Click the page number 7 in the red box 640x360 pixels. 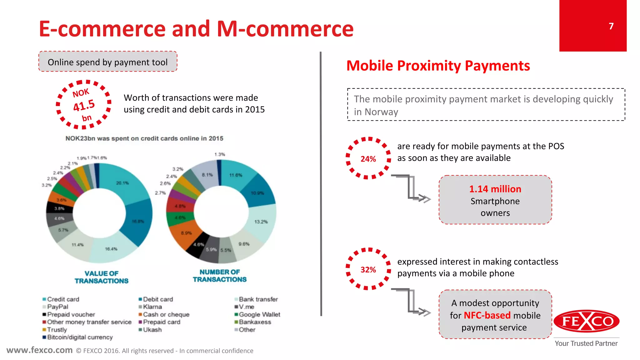pyautogui.click(x=611, y=26)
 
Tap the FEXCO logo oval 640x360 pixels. pyautogui.click(x=586, y=321)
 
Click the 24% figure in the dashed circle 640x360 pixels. pyautogui.click(x=368, y=159)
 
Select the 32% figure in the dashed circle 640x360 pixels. pyautogui.click(x=368, y=270)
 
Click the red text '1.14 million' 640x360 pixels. pyautogui.click(x=495, y=189)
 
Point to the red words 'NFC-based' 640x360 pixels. pyautogui.click(x=487, y=315)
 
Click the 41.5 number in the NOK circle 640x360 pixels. pyautogui.click(x=84, y=105)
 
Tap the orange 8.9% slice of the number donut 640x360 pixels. pyautogui.click(x=184, y=233)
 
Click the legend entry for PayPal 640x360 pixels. pyautogui.click(x=57, y=307)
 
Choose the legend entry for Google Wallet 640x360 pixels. pyautogui.click(x=259, y=314)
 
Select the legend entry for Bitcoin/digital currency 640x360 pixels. pyautogui.click(x=79, y=337)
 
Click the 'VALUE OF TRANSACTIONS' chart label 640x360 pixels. pyautogui.click(x=102, y=277)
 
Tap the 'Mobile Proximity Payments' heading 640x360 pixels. pyautogui.click(x=438, y=66)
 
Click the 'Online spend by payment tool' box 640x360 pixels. pyautogui.click(x=108, y=62)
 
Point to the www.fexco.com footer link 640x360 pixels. pyautogui.click(x=39, y=350)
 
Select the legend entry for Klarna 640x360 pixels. pyautogui.click(x=152, y=307)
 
